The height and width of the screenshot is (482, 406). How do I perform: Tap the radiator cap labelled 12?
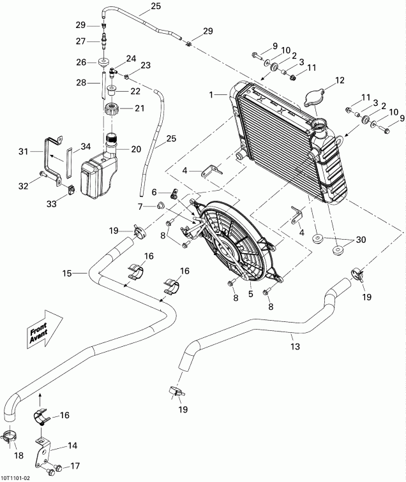tap(313, 98)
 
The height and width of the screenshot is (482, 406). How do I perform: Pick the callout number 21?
tap(139, 109)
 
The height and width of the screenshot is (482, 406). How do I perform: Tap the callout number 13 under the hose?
tap(294, 347)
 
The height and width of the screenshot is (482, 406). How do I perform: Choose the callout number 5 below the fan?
tap(251, 294)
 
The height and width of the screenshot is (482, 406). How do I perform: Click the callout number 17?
tap(75, 465)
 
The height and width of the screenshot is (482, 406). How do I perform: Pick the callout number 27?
tap(80, 41)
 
